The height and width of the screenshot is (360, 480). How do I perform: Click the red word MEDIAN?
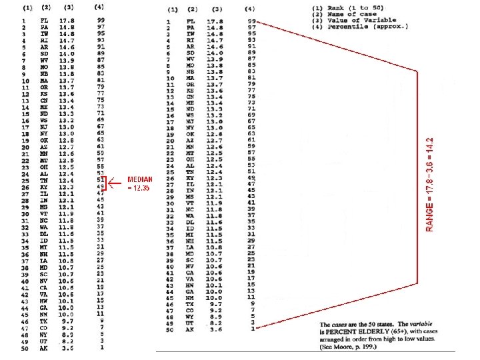pyautogui.click(x=141, y=179)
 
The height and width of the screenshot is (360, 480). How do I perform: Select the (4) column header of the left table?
pyautogui.click(x=99, y=7)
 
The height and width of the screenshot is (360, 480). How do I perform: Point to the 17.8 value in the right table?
pyautogui.click(x=214, y=22)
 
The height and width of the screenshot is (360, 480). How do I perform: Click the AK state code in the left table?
pyautogui.click(x=44, y=349)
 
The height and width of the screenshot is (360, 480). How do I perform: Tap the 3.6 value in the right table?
pyautogui.click(x=214, y=328)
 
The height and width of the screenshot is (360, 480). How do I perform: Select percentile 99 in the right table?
pyautogui.click(x=251, y=22)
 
